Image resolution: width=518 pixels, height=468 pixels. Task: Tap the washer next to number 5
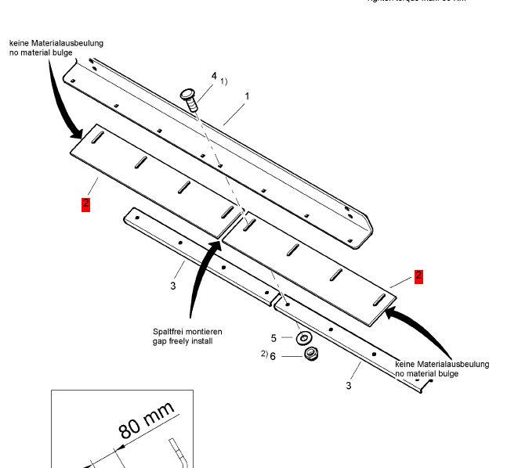pos(302,339)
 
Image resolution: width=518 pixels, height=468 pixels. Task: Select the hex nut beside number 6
pos(310,355)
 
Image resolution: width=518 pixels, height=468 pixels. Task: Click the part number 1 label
pos(247,96)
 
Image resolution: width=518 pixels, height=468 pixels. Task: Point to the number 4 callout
pos(213,76)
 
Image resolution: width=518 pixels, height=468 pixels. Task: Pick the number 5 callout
pos(274,338)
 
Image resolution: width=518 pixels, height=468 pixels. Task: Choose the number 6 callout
pos(273,356)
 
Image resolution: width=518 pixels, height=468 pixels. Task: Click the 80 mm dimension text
pos(145,420)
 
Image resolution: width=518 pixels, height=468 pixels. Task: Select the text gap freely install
pos(183,341)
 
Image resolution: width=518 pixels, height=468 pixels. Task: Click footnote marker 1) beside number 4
pos(223,81)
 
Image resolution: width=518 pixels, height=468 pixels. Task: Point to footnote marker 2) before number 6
pos(264,354)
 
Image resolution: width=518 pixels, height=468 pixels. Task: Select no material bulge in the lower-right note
pos(427,374)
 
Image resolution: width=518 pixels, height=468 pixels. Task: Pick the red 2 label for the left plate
pos(85,204)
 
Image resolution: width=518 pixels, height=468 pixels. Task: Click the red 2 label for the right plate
pos(418,275)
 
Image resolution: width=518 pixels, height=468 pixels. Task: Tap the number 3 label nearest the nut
pos(349,385)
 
